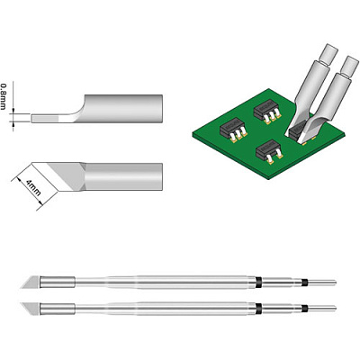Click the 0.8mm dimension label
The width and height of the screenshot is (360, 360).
point(4,96)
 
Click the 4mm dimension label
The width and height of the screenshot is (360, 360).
point(33,187)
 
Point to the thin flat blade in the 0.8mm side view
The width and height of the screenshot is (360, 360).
point(52,118)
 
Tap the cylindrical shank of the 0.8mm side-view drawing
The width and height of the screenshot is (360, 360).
point(123,108)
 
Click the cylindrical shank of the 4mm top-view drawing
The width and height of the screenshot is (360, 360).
point(124,176)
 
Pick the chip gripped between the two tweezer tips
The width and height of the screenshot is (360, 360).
point(299,132)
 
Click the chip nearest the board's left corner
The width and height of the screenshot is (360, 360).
point(233,131)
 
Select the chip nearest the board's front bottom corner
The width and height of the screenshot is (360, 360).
point(269,152)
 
